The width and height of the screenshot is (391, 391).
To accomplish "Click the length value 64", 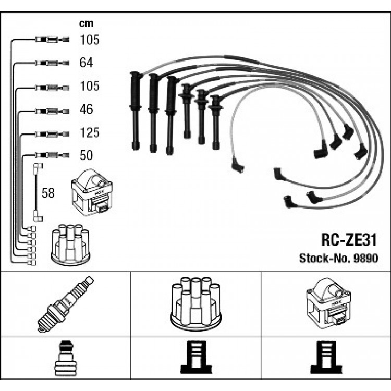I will (87, 63).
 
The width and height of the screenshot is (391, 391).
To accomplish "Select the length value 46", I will (87, 110).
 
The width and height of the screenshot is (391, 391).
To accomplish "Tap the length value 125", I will (90, 133).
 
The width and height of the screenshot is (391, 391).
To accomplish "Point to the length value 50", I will (87, 155).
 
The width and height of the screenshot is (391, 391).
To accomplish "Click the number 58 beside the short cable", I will (48, 193).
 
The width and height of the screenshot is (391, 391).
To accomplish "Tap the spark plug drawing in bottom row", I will (65, 304).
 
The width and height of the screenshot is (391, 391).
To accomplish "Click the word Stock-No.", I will (320, 258).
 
